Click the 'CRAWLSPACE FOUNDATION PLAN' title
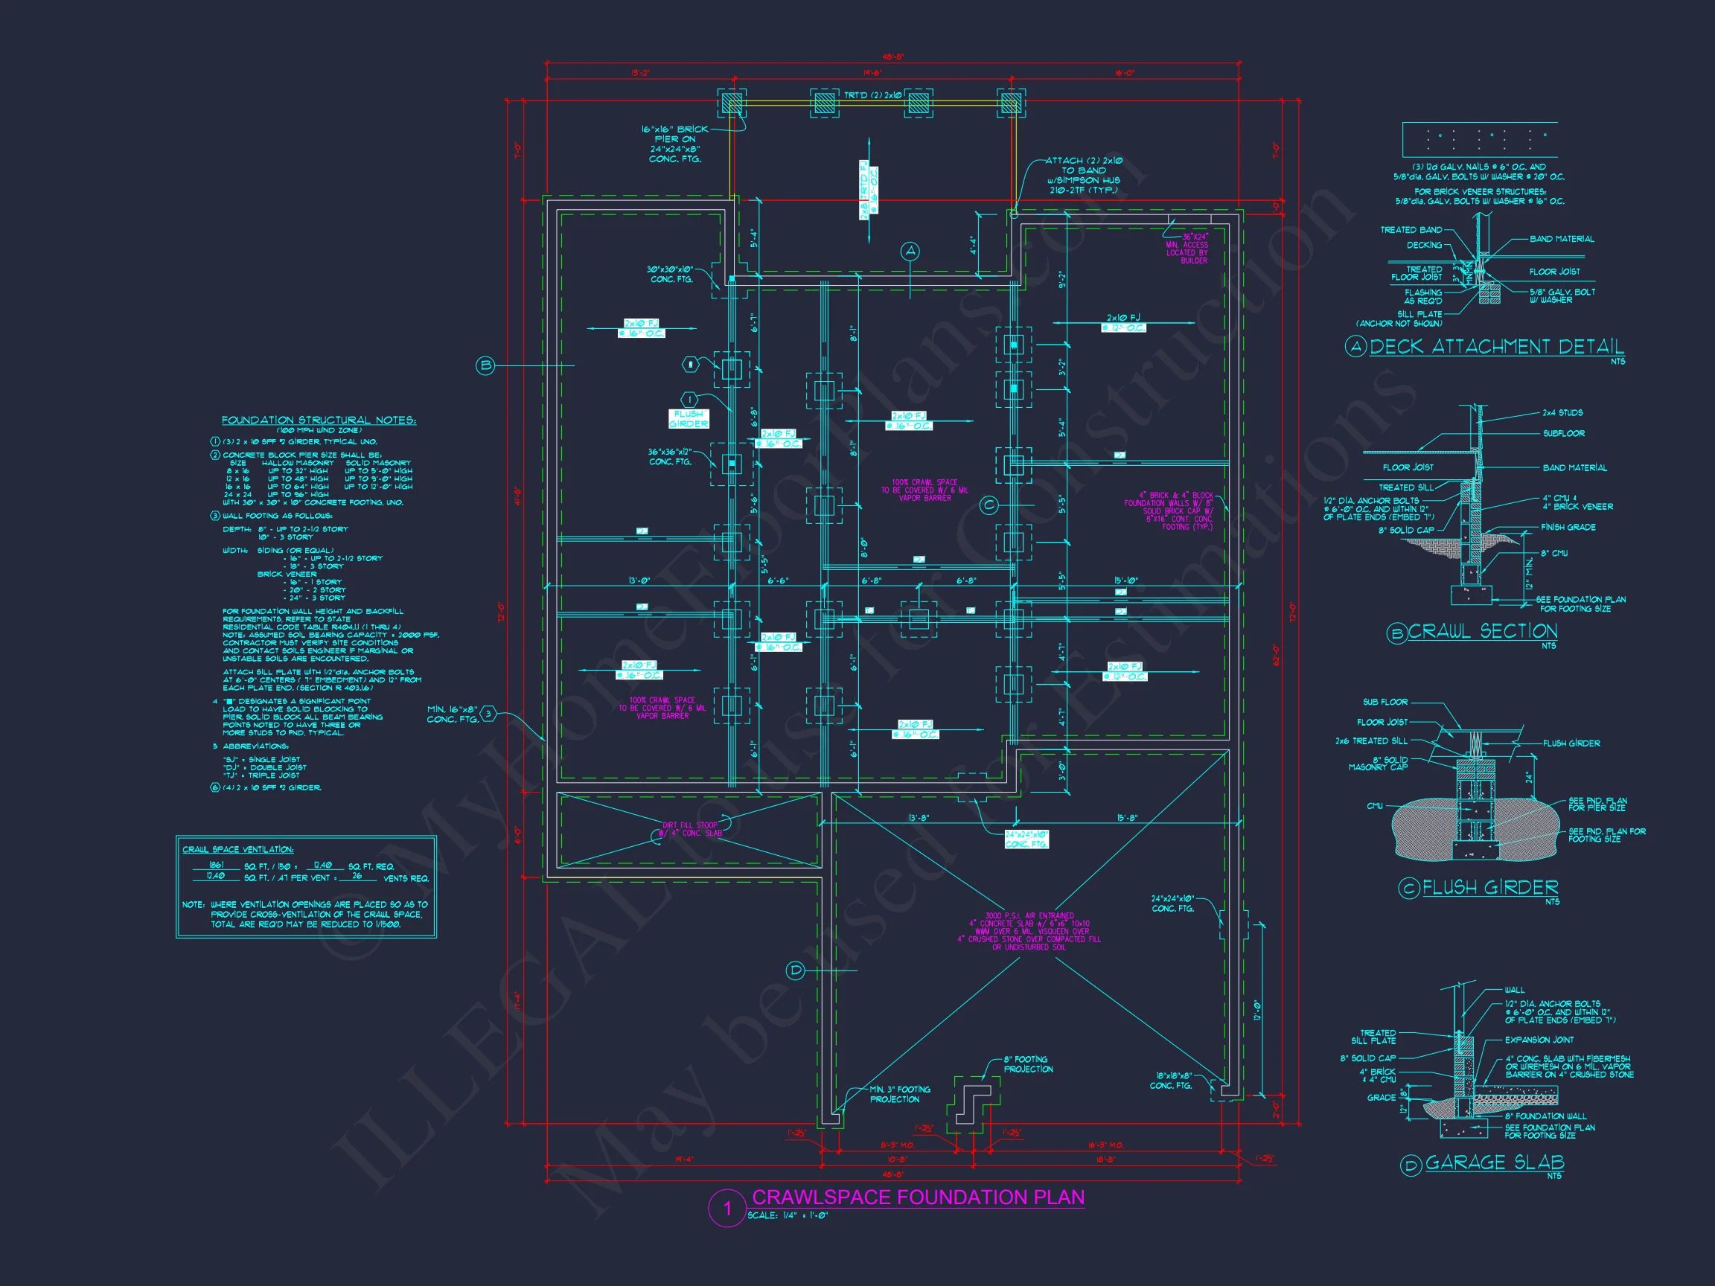(x=918, y=1197)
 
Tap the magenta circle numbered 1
(x=727, y=1209)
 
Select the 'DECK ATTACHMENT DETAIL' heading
(x=1496, y=348)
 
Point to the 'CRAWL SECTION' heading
(x=1483, y=632)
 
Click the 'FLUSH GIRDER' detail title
(x=1490, y=888)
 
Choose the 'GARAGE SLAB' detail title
(x=1494, y=1162)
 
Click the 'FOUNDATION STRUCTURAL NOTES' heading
(x=319, y=420)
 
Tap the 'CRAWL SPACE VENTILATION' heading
(x=238, y=850)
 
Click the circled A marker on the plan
(x=910, y=251)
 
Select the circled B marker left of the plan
(x=485, y=365)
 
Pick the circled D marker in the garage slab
(x=796, y=970)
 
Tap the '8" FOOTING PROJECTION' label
(x=1028, y=1064)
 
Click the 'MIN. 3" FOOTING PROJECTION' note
(x=899, y=1094)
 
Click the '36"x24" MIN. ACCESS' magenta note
(x=1187, y=249)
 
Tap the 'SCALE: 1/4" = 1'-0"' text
(x=788, y=1215)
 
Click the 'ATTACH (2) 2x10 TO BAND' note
(x=1084, y=175)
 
